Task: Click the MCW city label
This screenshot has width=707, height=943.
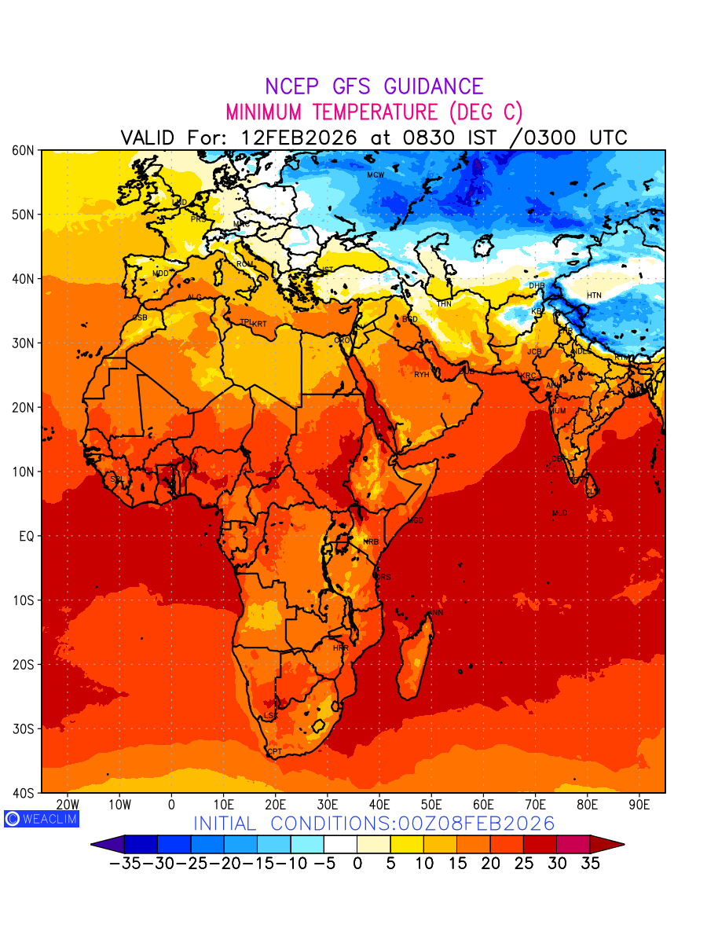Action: pyautogui.click(x=375, y=174)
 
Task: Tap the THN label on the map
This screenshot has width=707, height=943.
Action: pyautogui.click(x=444, y=303)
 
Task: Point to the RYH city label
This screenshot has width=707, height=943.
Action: pyautogui.click(x=422, y=375)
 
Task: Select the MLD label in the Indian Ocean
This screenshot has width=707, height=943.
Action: pyautogui.click(x=559, y=513)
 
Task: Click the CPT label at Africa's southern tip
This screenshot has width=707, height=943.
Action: pyautogui.click(x=274, y=752)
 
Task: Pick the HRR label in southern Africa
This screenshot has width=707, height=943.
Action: pyautogui.click(x=340, y=648)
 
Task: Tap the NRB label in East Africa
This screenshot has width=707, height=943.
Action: pyautogui.click(x=371, y=542)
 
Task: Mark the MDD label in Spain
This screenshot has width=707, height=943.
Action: pyautogui.click(x=160, y=273)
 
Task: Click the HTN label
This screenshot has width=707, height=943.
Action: pyautogui.click(x=594, y=295)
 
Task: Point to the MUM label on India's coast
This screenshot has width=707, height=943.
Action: pyautogui.click(x=557, y=411)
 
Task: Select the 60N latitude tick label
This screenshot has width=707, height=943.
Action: pyautogui.click(x=22, y=150)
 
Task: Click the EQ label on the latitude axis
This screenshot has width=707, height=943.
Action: pyautogui.click(x=25, y=536)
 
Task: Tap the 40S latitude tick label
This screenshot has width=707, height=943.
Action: pyautogui.click(x=22, y=793)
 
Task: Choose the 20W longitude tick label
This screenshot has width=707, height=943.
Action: pyautogui.click(x=68, y=805)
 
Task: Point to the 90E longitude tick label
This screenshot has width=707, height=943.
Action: pyautogui.click(x=639, y=805)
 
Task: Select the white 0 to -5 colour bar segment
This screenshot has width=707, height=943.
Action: pyautogui.click(x=340, y=845)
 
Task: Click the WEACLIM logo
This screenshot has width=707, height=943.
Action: pyautogui.click(x=41, y=818)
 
